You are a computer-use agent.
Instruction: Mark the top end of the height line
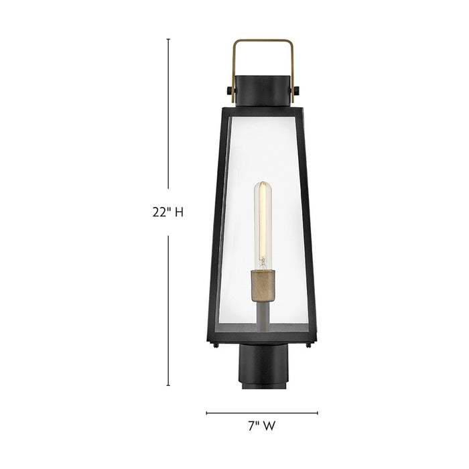pos(167,39)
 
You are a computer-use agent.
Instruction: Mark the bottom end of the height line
pos(167,387)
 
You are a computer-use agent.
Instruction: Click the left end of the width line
pos(206,413)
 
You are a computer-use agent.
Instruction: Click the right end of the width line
pos(318,413)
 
